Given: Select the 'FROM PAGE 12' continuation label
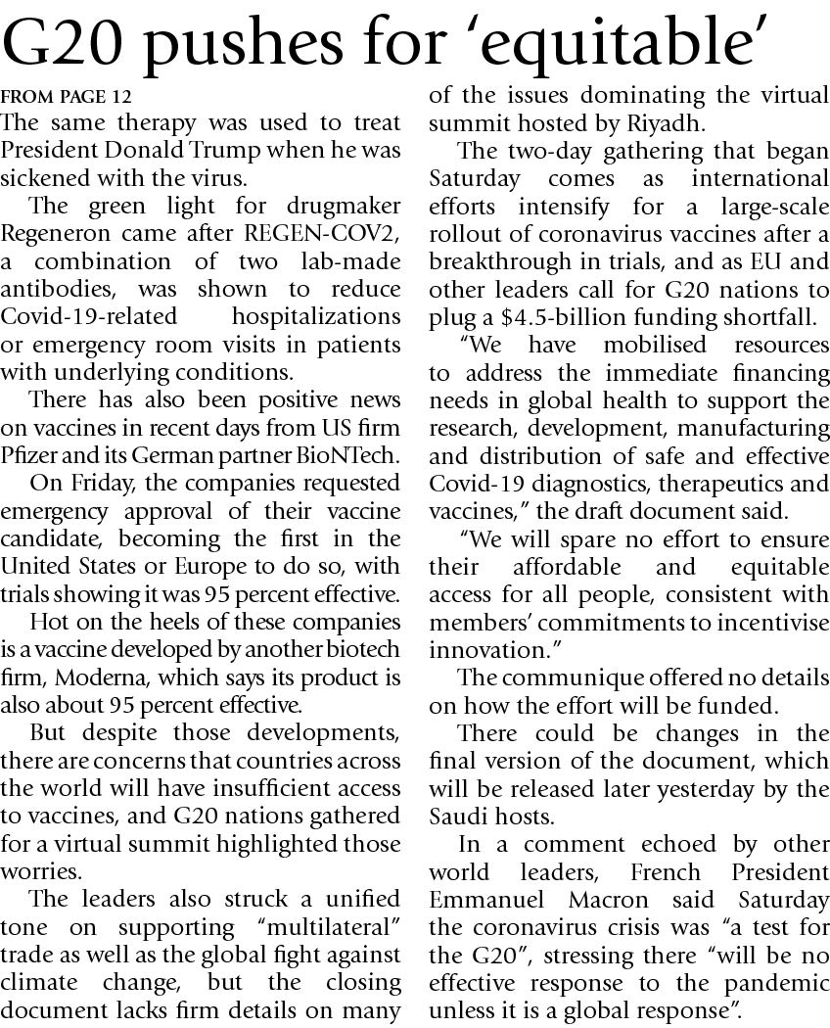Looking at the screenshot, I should (66, 97).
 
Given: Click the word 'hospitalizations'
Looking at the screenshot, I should (315, 317).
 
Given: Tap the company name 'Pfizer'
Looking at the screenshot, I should (27, 454).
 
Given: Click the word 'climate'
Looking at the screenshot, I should (35, 982).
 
